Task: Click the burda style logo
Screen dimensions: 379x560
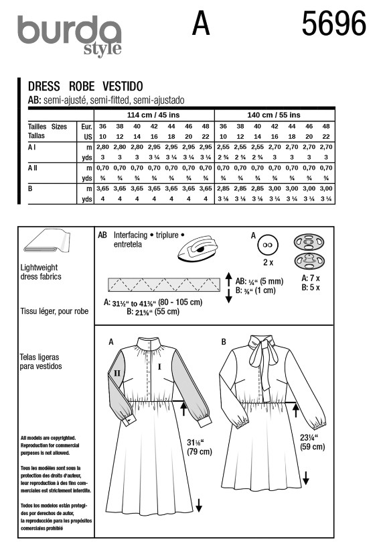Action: (70, 36)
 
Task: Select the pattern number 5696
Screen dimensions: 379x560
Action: (333, 23)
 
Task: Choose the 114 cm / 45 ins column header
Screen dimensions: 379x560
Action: (153, 115)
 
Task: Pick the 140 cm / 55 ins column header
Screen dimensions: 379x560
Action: (274, 115)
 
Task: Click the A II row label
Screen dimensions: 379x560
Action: (32, 167)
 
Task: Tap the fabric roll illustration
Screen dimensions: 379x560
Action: (47, 242)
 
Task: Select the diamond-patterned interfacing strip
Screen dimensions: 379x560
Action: (164, 284)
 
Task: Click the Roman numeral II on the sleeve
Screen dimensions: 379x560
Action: (117, 373)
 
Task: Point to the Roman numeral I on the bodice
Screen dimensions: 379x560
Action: (159, 366)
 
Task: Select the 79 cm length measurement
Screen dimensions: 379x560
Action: (200, 451)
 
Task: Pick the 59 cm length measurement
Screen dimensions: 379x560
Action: (313, 447)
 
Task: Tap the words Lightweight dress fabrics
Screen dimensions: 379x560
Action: (41, 272)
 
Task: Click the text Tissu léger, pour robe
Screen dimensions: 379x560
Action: (54, 311)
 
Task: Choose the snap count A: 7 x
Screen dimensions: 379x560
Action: (311, 278)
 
